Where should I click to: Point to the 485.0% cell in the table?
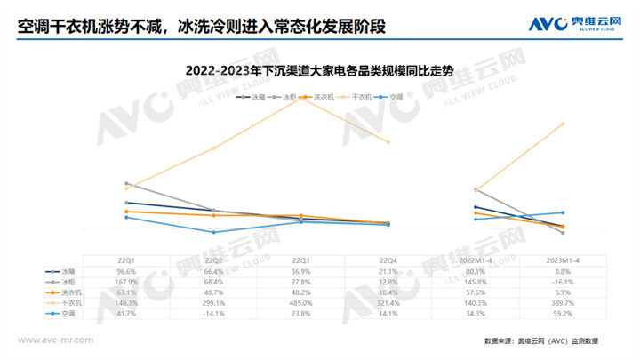(x=301, y=303)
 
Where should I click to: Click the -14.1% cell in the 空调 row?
(x=214, y=314)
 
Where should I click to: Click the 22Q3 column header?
(x=301, y=259)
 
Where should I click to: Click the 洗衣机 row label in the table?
(x=71, y=292)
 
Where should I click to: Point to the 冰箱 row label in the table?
(x=68, y=270)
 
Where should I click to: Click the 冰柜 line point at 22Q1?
(x=127, y=183)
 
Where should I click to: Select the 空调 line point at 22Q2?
(x=214, y=233)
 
